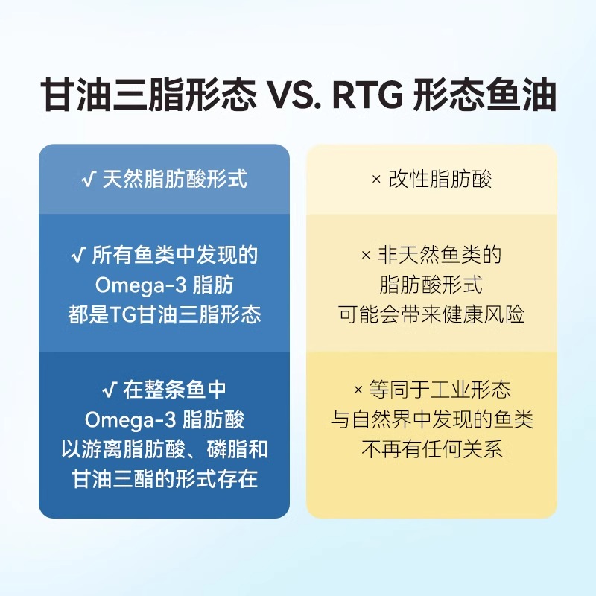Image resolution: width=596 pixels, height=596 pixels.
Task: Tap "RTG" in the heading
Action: coord(368,95)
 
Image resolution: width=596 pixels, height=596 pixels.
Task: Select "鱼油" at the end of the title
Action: coord(520,95)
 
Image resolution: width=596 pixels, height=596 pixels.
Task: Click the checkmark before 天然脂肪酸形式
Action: coord(88,179)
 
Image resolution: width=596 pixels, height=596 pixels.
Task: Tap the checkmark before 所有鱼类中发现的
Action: coord(77,255)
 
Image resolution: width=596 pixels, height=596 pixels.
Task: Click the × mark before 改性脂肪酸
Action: coord(376,179)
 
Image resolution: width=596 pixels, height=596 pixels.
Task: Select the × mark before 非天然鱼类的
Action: coord(365,255)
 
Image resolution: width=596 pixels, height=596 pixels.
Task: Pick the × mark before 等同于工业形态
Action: coord(358,390)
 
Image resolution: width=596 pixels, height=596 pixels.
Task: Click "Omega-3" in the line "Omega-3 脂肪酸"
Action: coord(130,419)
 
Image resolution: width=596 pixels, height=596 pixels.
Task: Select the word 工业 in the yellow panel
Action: coord(450,390)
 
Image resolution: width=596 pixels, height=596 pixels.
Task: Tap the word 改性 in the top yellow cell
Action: coord(408,179)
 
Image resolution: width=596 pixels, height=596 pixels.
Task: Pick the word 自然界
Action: coord(382,419)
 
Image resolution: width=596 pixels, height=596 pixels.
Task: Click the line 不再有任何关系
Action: coord(432,449)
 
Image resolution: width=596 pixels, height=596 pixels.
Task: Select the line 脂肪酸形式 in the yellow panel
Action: coord(431,285)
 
